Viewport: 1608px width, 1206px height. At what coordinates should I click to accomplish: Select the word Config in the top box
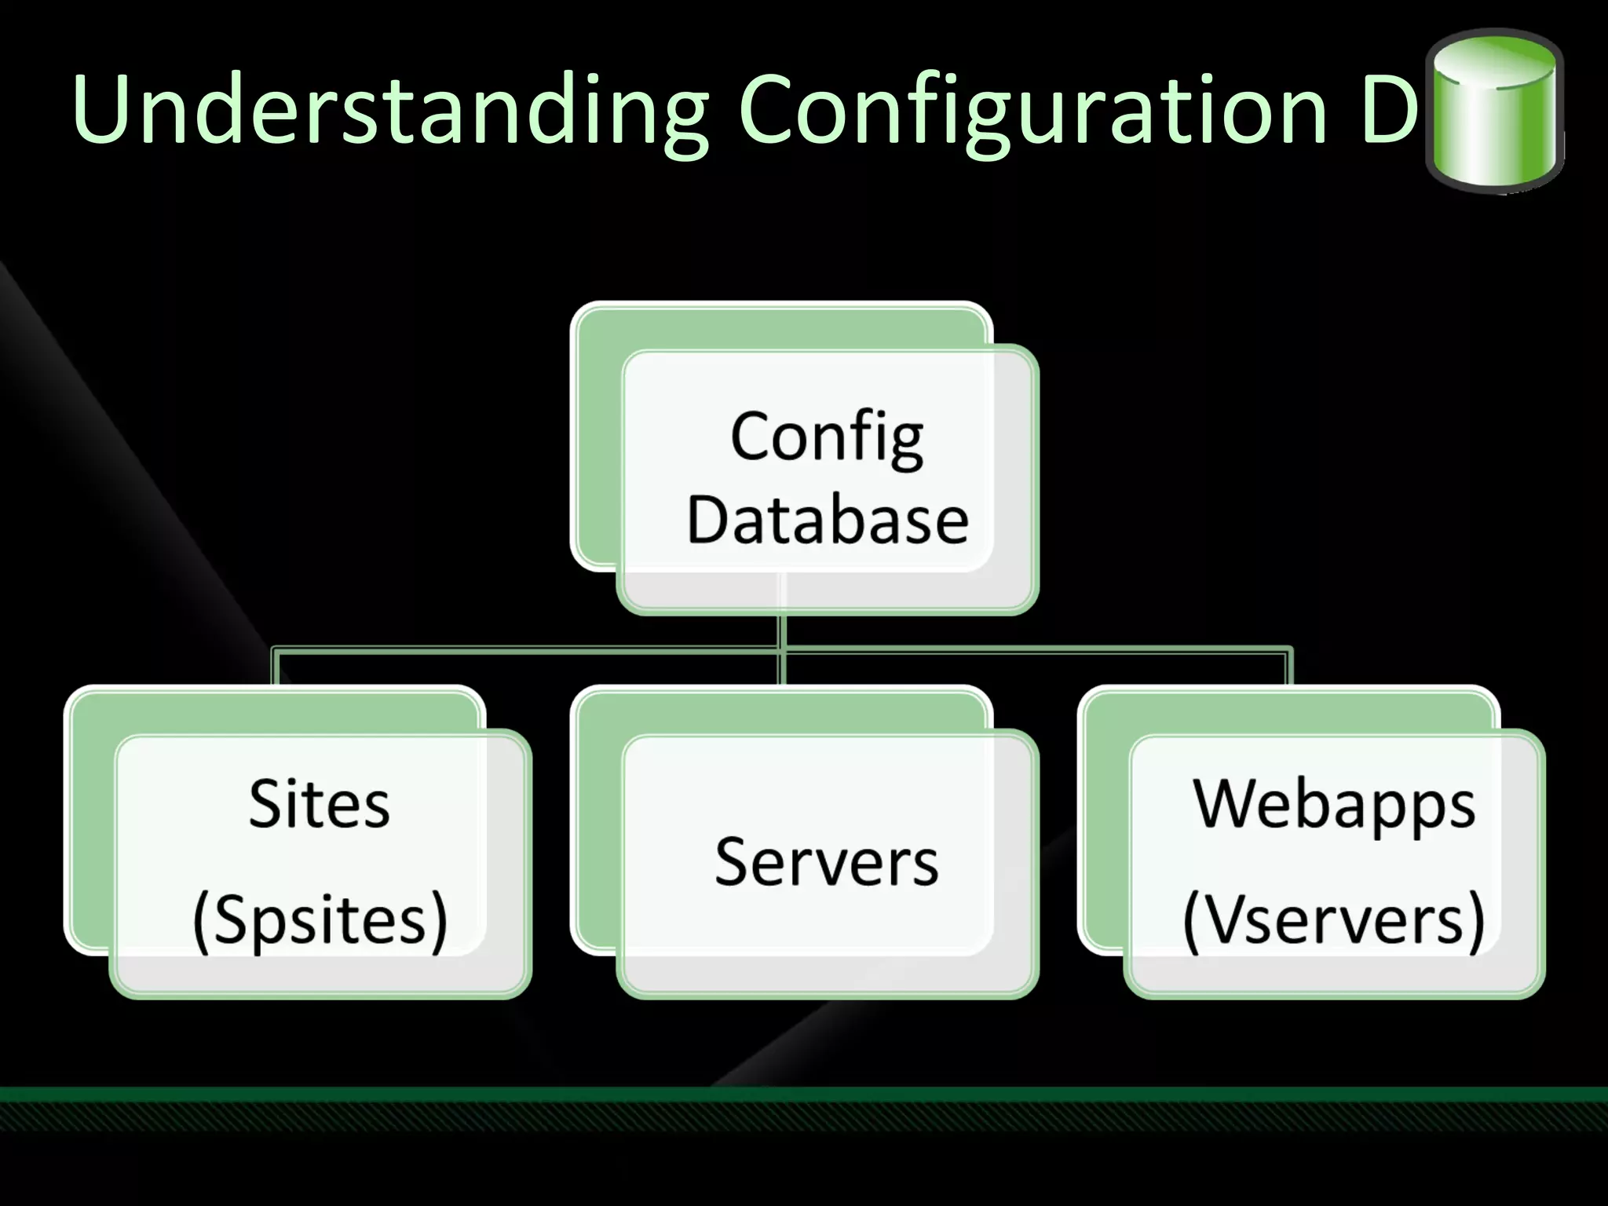click(827, 437)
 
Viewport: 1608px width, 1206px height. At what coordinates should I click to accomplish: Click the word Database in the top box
click(828, 520)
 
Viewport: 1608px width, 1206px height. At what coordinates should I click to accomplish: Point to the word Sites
click(319, 804)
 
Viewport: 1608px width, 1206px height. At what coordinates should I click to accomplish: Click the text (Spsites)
click(320, 920)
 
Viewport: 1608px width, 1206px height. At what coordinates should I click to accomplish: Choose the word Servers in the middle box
click(827, 862)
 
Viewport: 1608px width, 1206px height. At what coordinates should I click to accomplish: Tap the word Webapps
click(1334, 804)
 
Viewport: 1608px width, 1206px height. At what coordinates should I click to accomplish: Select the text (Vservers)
click(1334, 920)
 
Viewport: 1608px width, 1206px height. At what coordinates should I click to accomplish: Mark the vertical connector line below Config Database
click(781, 632)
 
